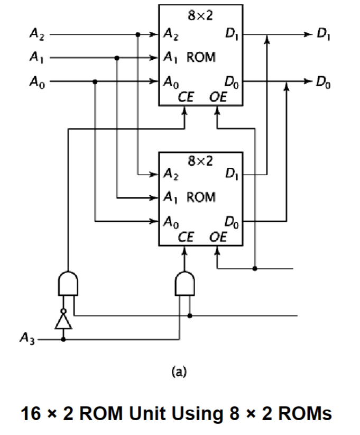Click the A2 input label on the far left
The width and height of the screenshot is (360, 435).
pyautogui.click(x=36, y=35)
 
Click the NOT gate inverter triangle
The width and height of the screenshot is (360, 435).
pyautogui.click(x=63, y=320)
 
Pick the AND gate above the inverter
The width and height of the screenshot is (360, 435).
pyautogui.click(x=68, y=284)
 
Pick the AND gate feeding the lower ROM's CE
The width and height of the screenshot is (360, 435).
pyautogui.click(x=184, y=284)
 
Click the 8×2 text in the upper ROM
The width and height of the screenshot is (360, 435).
pyautogui.click(x=201, y=15)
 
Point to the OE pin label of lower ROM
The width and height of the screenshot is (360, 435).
pyautogui.click(x=217, y=237)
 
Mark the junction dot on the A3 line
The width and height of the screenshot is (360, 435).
pyautogui.click(x=63, y=339)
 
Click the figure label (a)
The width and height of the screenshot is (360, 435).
pyautogui.click(x=180, y=371)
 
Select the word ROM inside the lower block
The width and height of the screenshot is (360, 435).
pyautogui.click(x=201, y=197)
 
